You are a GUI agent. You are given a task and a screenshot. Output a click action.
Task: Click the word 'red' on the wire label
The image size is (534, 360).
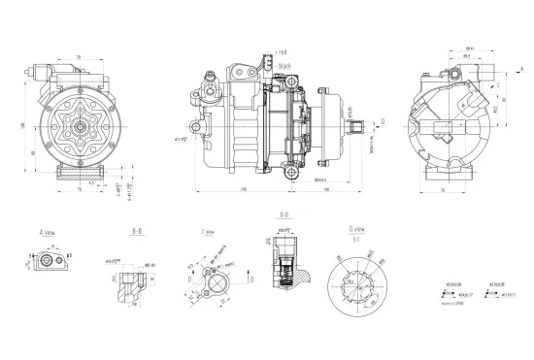point(284,50)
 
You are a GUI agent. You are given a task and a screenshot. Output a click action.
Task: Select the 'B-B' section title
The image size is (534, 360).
point(138,234)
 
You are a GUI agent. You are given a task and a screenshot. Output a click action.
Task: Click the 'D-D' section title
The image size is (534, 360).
point(284,213)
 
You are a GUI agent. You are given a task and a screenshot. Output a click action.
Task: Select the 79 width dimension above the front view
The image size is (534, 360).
point(78,56)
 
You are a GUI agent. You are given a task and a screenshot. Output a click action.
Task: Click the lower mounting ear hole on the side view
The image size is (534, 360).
point(289,172)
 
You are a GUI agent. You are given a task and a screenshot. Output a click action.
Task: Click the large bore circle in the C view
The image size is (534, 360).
point(216,286)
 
